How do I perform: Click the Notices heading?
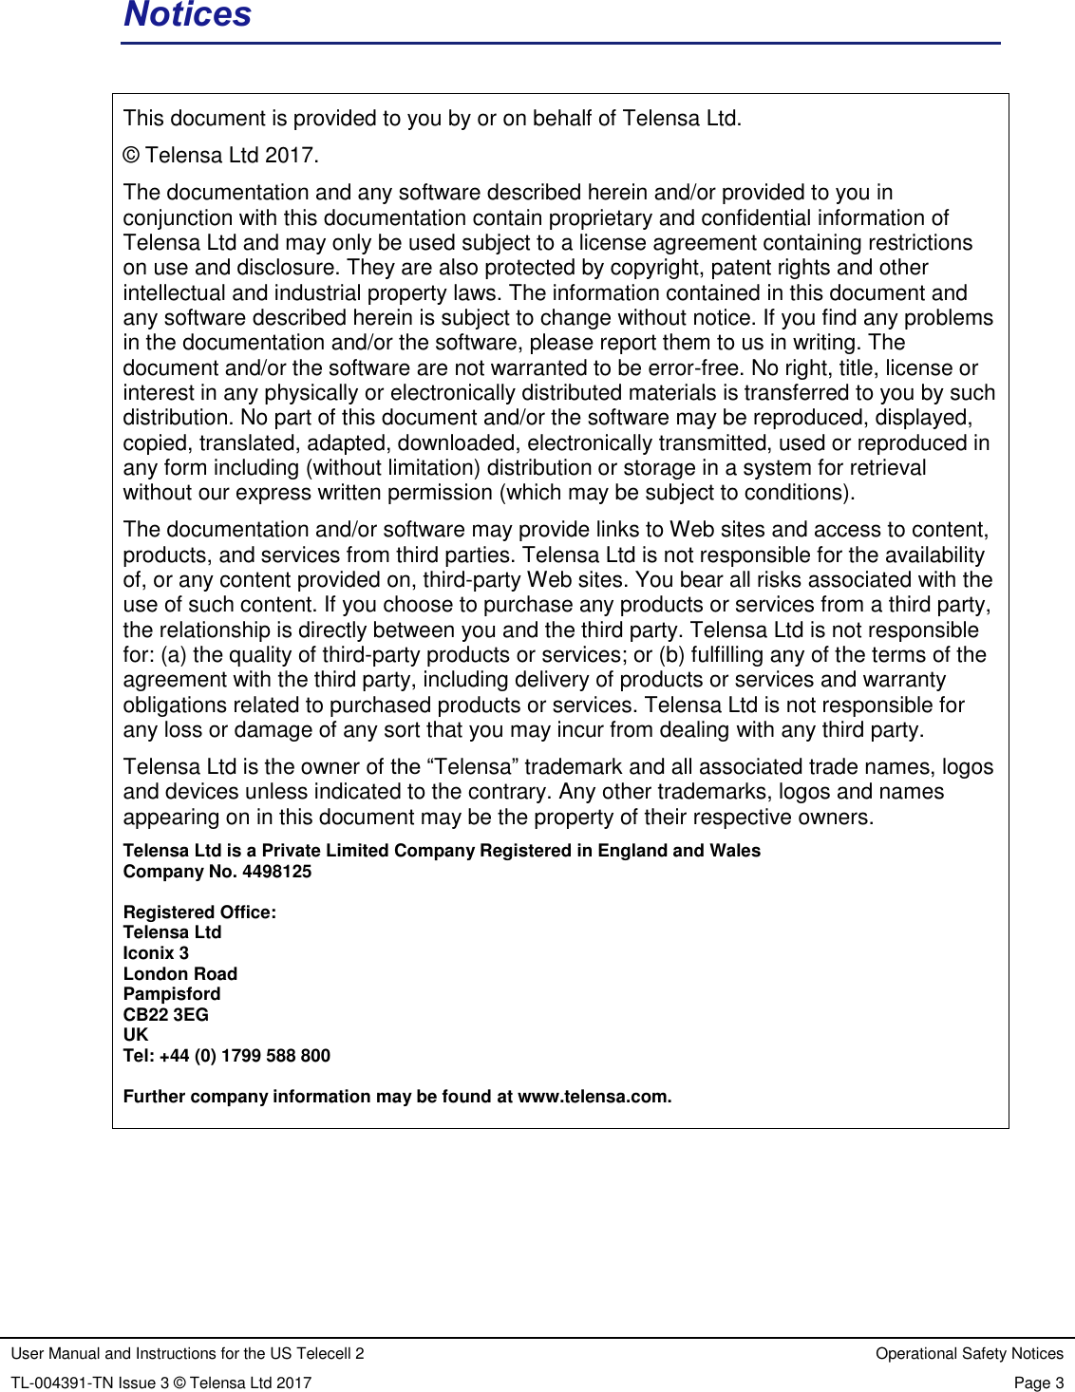tap(187, 15)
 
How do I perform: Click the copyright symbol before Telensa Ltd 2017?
tap(131, 156)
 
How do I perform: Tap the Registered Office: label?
tap(199, 912)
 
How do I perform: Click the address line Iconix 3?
tap(156, 953)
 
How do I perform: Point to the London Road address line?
tap(179, 974)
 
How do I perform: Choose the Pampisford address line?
tap(172, 994)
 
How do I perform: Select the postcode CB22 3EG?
tap(165, 1015)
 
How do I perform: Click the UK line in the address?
tap(136, 1035)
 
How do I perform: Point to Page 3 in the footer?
tap(1038, 1383)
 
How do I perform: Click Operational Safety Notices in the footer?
tap(969, 1353)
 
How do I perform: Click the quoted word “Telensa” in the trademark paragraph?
tap(472, 767)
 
